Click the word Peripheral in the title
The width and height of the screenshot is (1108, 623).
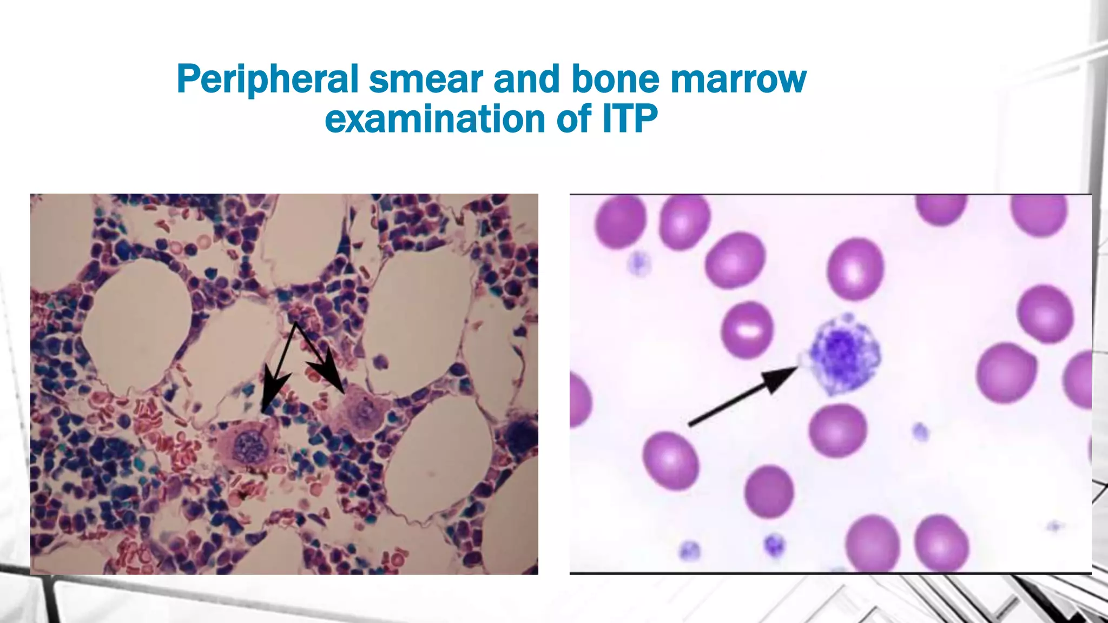pyautogui.click(x=268, y=79)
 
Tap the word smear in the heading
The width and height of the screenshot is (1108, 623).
pyautogui.click(x=427, y=79)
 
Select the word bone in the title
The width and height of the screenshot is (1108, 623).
pyautogui.click(x=616, y=79)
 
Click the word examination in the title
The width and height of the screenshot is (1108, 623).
pyautogui.click(x=435, y=119)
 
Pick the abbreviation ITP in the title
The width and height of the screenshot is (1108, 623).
pyautogui.click(x=630, y=119)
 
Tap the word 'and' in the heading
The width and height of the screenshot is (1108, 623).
pyautogui.click(x=526, y=79)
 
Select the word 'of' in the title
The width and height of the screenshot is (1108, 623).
pyautogui.click(x=575, y=119)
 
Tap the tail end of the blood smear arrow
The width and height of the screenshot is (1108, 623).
pyautogui.click(x=691, y=425)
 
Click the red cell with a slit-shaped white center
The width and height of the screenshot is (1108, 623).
pyautogui.click(x=747, y=329)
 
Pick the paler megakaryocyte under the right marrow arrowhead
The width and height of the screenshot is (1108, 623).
pyautogui.click(x=360, y=411)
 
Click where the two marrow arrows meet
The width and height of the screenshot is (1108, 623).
pyautogui.click(x=295, y=324)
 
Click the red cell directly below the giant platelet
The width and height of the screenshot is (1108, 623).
pyautogui.click(x=837, y=430)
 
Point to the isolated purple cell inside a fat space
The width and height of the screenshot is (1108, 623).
pyautogui.click(x=382, y=360)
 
